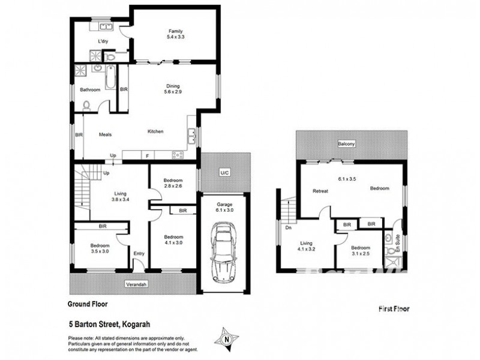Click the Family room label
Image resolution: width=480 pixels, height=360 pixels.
[175, 35]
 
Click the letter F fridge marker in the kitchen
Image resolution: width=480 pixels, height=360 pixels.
[147, 155]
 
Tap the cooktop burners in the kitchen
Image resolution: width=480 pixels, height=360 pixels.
[178, 155]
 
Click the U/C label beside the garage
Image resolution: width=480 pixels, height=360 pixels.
[224, 173]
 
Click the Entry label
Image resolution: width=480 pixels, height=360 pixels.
[139, 254]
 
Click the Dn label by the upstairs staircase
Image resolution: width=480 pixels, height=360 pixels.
[289, 228]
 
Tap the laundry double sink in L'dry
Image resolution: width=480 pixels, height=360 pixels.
[106, 26]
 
